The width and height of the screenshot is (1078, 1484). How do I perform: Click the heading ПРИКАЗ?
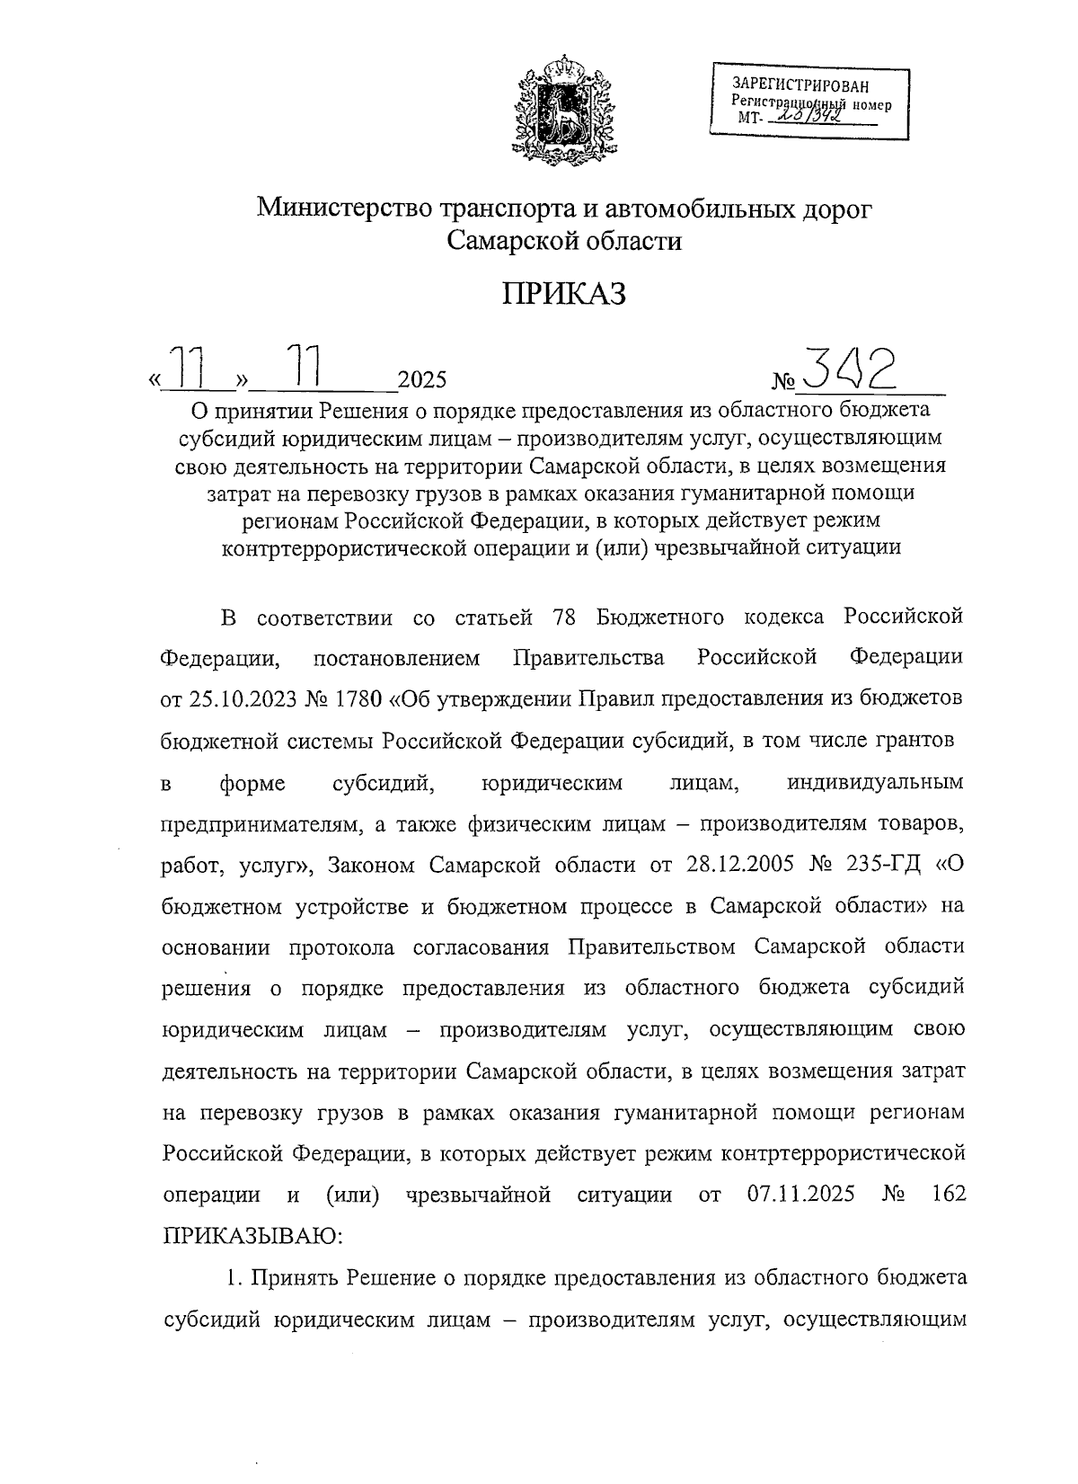[x=563, y=295]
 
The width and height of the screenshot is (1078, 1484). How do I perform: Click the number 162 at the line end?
[x=949, y=1195]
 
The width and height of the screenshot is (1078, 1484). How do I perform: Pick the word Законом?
[x=370, y=865]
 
